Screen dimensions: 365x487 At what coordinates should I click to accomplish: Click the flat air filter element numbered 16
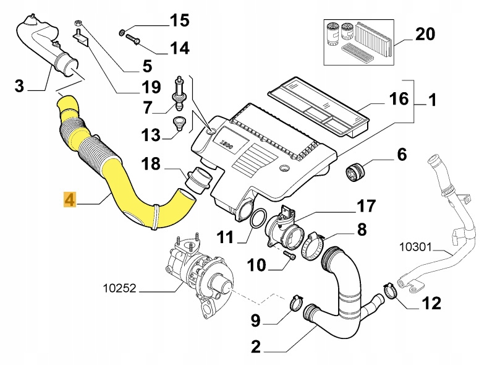pyautogui.click(x=318, y=109)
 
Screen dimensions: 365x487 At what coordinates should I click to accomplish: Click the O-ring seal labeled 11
pyautogui.click(x=259, y=218)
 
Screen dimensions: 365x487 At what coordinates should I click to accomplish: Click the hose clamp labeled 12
pyautogui.click(x=390, y=289)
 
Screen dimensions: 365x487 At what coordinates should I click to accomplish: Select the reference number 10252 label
pyautogui.click(x=121, y=288)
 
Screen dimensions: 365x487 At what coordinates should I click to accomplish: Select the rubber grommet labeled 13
pyautogui.click(x=180, y=122)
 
